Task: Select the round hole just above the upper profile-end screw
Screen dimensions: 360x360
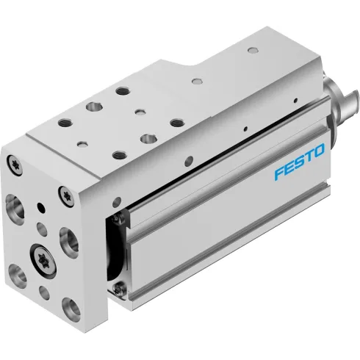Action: coord(117,201)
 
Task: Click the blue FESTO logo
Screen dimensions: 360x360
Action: coord(300,171)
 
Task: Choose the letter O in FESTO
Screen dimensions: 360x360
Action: coord(321,167)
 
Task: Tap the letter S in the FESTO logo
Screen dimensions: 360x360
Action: coord(300,171)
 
